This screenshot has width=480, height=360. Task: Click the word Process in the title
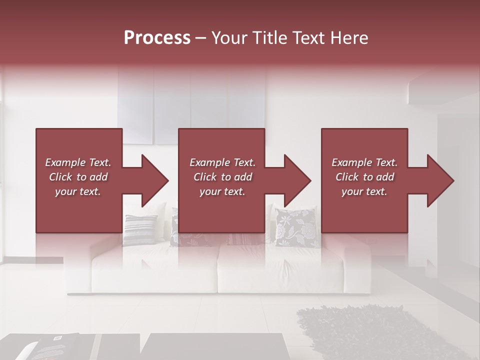click(157, 38)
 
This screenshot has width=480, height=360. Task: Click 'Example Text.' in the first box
click(78, 162)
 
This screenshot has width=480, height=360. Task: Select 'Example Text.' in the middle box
click(222, 162)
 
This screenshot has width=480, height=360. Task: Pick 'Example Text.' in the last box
click(364, 162)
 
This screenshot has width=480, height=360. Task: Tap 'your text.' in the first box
click(78, 191)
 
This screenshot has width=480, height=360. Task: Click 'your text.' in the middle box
click(222, 191)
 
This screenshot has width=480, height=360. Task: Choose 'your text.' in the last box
click(364, 191)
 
